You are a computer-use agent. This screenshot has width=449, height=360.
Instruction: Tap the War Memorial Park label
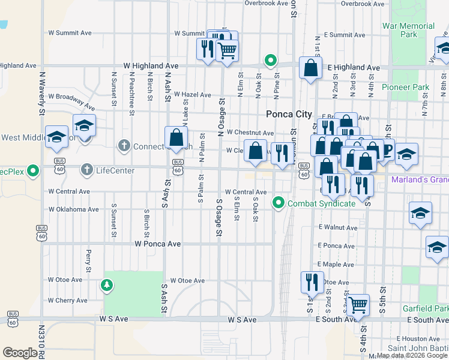tap(409, 30)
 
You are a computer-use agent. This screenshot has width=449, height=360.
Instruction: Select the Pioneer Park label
tap(409, 87)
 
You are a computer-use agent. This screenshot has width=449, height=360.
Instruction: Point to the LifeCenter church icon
tap(87, 170)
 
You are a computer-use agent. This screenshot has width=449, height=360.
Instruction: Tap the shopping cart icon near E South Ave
tap(358, 305)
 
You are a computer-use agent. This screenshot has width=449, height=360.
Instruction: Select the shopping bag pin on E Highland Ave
tap(312, 69)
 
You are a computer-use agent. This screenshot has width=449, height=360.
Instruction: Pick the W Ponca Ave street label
tap(158, 244)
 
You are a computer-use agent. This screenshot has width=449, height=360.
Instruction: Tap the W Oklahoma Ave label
tap(73, 209)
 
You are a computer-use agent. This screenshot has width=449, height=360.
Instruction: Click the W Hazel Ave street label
tap(190, 95)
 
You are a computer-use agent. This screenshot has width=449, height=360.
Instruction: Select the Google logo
tap(20, 352)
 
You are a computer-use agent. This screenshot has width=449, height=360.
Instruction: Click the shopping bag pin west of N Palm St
tap(176, 139)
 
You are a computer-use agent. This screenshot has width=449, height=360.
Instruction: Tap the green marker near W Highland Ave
tap(271, 60)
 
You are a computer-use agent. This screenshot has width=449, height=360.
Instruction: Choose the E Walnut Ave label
tap(339, 227)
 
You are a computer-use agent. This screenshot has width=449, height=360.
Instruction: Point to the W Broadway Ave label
tap(71, 96)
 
